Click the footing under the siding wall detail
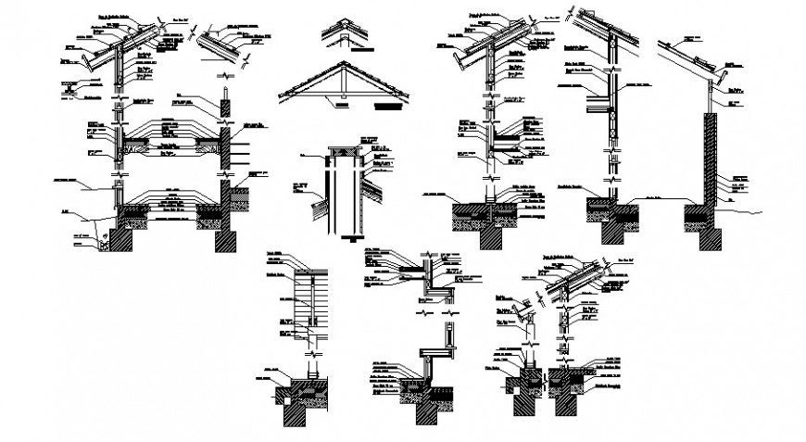pos(301,398)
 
